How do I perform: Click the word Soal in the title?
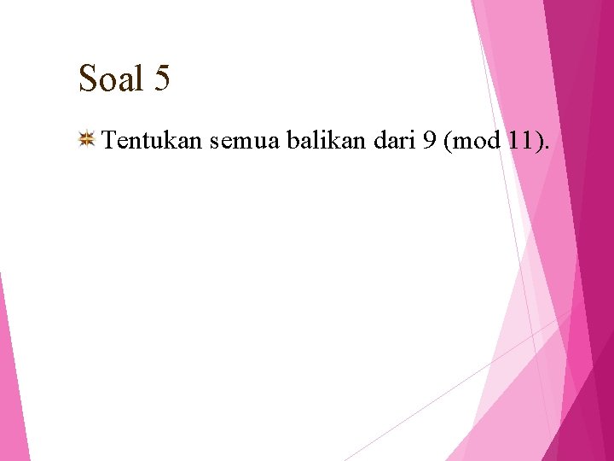pos(111,79)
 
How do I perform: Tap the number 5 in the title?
pos(163,79)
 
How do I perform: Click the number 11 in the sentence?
pos(520,141)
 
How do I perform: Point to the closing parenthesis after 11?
pos(537,141)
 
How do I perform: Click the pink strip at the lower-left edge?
pos(12,384)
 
